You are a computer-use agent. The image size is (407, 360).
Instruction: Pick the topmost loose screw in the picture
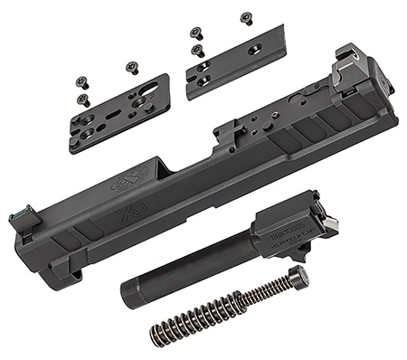[246, 17]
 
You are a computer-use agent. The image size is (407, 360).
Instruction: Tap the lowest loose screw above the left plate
[83, 99]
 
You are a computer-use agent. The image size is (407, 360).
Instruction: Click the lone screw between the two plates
[132, 67]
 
